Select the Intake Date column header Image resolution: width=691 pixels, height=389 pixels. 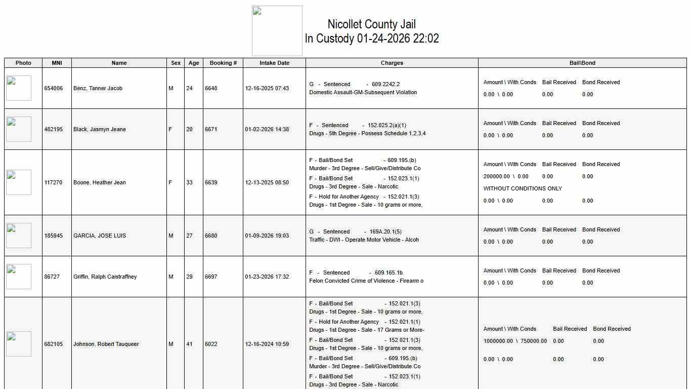click(274, 63)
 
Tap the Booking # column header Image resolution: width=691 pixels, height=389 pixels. click(223, 63)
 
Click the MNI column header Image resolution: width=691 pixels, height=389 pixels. click(57, 63)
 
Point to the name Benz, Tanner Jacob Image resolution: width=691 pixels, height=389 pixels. click(98, 88)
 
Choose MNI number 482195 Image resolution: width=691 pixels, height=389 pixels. click(54, 129)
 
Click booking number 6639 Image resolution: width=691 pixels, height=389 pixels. click(211, 182)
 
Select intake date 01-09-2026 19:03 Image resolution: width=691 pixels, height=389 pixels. click(267, 236)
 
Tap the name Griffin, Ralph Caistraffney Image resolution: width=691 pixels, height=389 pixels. click(105, 277)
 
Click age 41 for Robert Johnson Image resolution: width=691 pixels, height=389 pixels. click(189, 344)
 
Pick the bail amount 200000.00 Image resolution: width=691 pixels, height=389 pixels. click(496, 176)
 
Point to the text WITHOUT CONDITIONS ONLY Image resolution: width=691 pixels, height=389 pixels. click(523, 188)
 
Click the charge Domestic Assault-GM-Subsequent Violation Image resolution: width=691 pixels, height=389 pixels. click(363, 92)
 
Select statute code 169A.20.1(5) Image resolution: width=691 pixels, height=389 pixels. click(385, 231)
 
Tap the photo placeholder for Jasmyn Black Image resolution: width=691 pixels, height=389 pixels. click(19, 129)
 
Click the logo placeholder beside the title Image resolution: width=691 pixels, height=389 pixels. click(277, 31)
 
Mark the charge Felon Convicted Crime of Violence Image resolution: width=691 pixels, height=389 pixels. click(366, 281)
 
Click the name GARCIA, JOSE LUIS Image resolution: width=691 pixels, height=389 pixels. click(99, 236)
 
